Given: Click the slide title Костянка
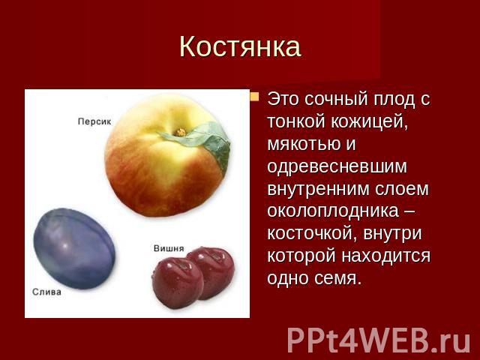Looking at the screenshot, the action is tap(240, 46).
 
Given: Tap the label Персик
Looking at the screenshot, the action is tap(94, 121).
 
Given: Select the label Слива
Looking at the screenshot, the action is tap(46, 292).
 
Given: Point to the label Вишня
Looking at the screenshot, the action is tap(169, 248).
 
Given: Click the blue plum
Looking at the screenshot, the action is tap(74, 248).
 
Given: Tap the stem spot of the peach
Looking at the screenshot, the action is tap(181, 132).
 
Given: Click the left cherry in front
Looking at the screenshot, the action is tap(178, 283).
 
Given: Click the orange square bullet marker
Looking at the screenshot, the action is tap(254, 97).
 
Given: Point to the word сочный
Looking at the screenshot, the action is tap(335, 100).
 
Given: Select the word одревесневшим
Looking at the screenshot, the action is tap(337, 166).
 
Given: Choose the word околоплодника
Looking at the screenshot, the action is tap(333, 211).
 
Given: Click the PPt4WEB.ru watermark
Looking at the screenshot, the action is tap(379, 340).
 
